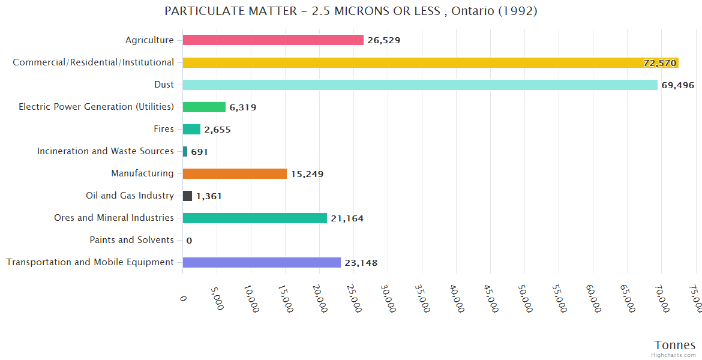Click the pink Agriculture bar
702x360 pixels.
[x=273, y=40]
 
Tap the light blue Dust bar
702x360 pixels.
[x=420, y=85]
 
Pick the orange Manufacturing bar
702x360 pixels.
[x=235, y=173]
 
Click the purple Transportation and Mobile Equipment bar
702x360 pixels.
[x=262, y=262]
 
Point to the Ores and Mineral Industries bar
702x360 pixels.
[x=254, y=218]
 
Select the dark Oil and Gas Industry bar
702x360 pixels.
[x=187, y=196]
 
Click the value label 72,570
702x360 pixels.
[x=659, y=63]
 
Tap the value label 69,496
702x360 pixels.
[x=677, y=85]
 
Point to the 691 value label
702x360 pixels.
[x=199, y=152]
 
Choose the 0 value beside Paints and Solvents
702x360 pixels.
[x=189, y=241]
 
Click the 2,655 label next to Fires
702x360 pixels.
[x=217, y=130]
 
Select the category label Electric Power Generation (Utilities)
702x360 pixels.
[x=96, y=107]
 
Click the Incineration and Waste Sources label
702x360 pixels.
[x=105, y=151]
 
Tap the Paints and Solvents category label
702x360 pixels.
[x=131, y=240]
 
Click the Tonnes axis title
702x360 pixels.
[x=674, y=345]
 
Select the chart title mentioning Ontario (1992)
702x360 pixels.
[x=351, y=11]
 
